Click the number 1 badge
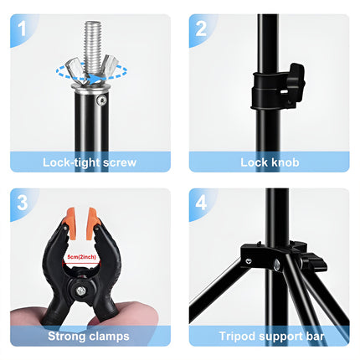point(23,31)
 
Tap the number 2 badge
point(201,31)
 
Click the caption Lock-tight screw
point(90,162)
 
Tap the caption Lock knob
point(269,162)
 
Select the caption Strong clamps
point(90,336)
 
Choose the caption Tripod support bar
point(269,336)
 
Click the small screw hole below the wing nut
point(102,100)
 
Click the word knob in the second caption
point(285,162)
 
